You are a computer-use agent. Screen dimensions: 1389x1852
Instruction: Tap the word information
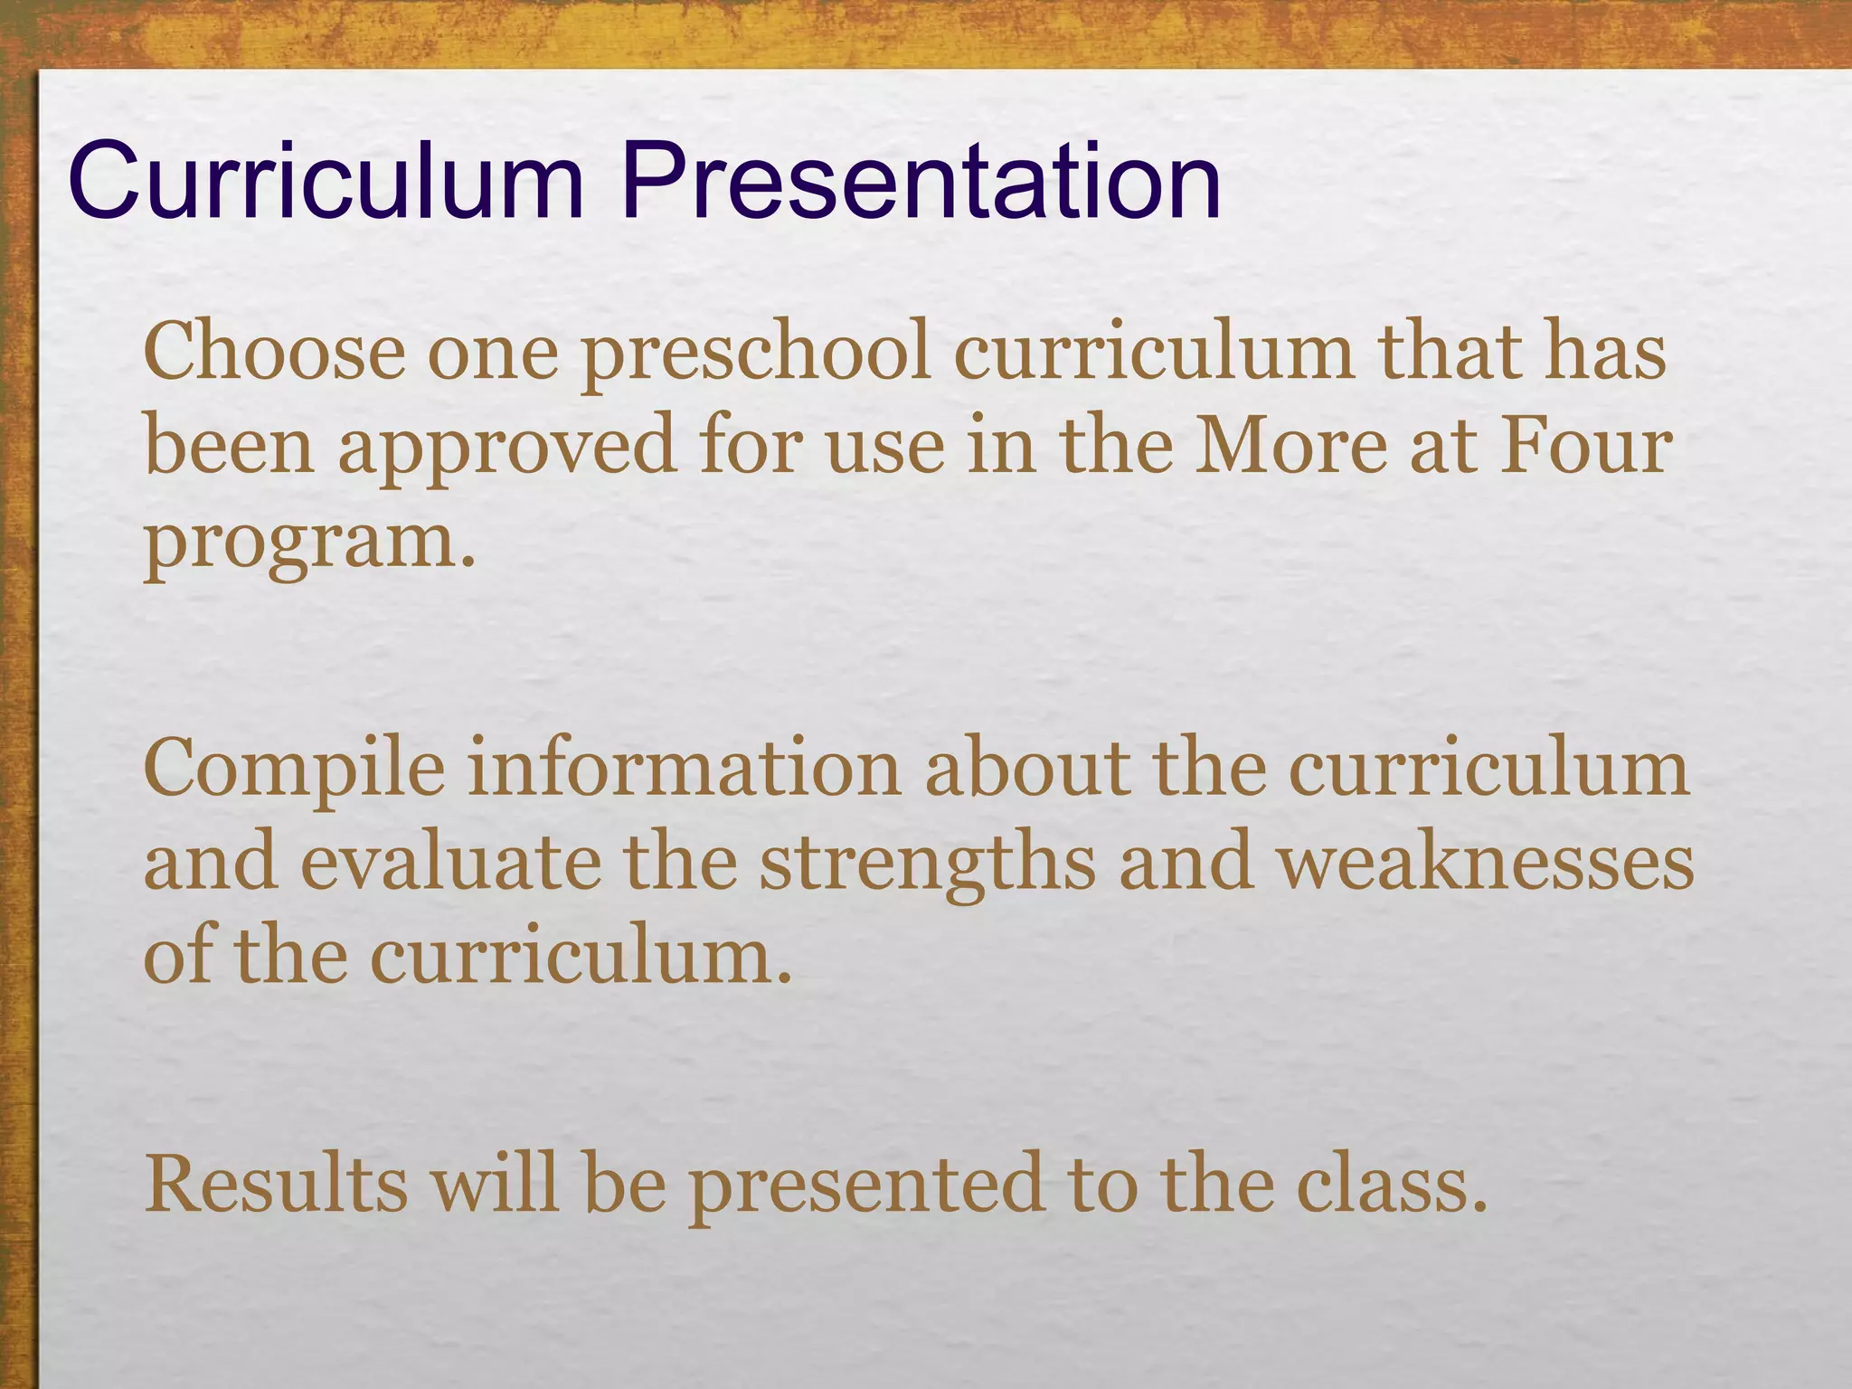click(x=685, y=769)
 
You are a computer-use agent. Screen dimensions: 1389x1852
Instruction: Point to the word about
click(x=1027, y=769)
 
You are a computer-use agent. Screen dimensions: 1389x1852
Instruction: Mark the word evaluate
click(x=450, y=863)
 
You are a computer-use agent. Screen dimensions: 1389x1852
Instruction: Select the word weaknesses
click(x=1485, y=863)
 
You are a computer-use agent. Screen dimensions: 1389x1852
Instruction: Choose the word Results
click(x=277, y=1184)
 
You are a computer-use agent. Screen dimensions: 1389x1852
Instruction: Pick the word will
click(x=495, y=1184)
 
